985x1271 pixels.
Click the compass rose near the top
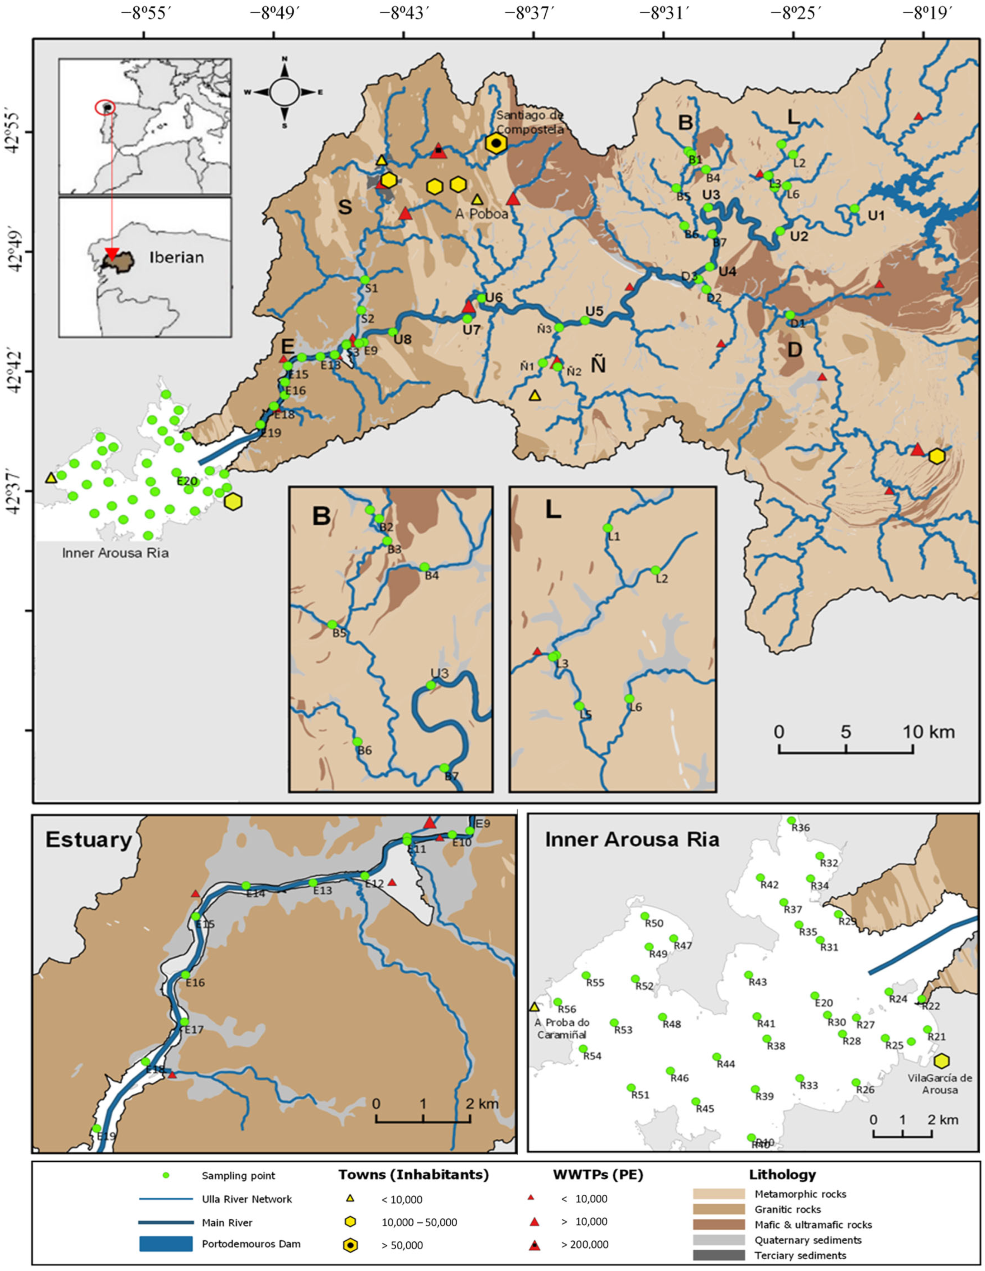coord(285,92)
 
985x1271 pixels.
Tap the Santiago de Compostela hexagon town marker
coord(495,143)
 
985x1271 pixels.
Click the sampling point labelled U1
coord(854,208)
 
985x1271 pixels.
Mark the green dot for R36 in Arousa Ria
coord(791,820)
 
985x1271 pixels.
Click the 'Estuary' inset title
coord(89,840)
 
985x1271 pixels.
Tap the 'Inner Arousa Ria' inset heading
coord(632,840)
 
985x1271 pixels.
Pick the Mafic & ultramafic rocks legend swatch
coord(718,1224)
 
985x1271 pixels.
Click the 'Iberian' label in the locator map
coord(176,257)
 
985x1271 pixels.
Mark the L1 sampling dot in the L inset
coord(607,528)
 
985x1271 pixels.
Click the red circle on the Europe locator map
coord(105,108)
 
